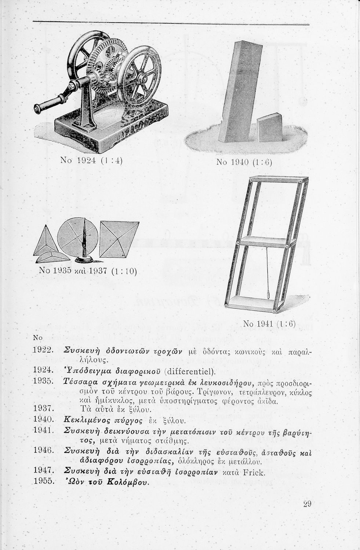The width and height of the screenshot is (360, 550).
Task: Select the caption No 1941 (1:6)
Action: tap(269, 324)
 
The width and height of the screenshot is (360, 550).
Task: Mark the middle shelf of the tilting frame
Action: tap(263, 241)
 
